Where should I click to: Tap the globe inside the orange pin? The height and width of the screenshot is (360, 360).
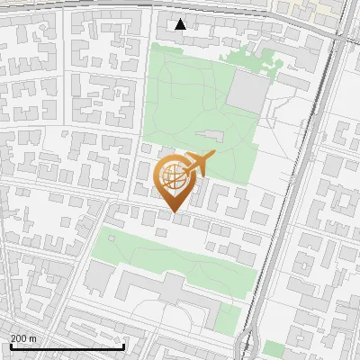point(175,179)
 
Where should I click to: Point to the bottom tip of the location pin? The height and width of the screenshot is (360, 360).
point(175,212)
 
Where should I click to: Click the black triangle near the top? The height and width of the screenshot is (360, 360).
point(181,24)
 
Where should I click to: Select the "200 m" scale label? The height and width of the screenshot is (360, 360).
point(23,337)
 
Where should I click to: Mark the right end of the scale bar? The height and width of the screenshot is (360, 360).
point(123,346)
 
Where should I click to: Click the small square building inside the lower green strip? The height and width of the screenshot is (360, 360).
point(161,233)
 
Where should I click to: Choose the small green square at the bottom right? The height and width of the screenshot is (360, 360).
point(273,349)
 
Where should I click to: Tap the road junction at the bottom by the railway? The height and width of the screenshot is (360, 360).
point(249,342)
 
